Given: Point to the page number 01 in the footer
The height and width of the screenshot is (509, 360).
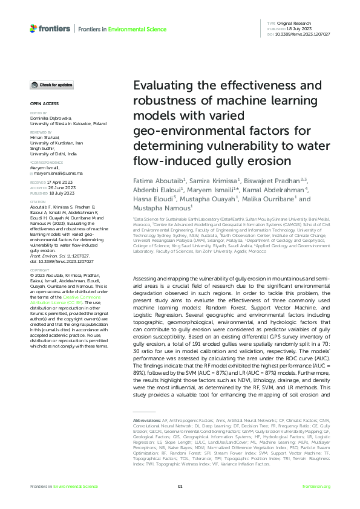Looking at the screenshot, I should [180, 487].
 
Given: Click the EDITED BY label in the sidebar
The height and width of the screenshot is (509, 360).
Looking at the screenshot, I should [38, 113].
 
